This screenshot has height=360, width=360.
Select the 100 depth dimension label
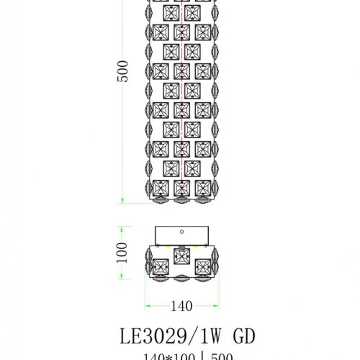[122, 251]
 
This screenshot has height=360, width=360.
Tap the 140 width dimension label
[182, 305]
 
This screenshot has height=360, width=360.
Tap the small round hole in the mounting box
[182, 232]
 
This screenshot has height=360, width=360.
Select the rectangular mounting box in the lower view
[182, 235]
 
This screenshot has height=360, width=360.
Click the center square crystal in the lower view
[182, 258]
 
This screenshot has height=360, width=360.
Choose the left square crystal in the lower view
[160, 264]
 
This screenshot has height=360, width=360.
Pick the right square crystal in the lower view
[204, 264]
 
